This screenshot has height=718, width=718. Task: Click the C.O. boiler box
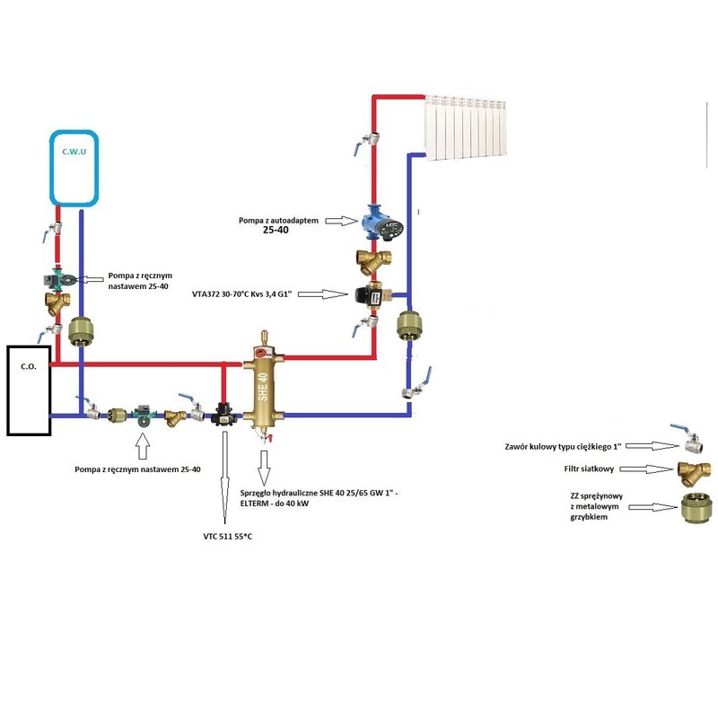point(29,390)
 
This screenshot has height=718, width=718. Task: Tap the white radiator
point(468,128)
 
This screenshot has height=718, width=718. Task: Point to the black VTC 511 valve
point(223,416)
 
